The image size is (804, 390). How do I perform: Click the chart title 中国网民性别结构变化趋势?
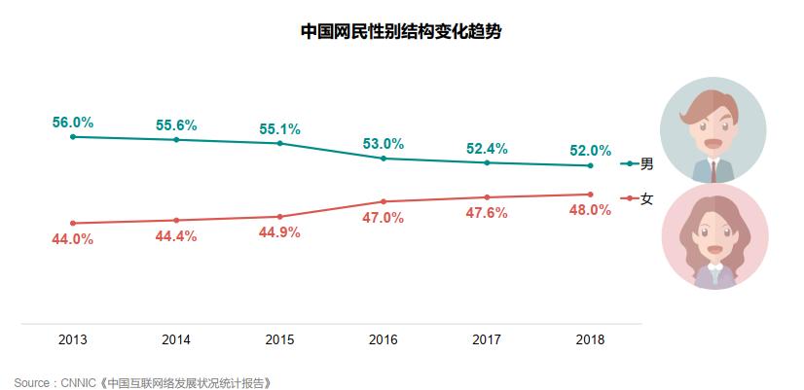click(401, 31)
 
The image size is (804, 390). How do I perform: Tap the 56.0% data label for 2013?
click(73, 123)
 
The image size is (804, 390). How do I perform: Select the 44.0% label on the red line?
click(73, 239)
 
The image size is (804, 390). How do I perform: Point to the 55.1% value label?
click(279, 128)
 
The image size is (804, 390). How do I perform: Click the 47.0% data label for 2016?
click(384, 218)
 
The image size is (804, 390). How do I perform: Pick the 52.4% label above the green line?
click(487, 148)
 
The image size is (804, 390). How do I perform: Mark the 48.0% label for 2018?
click(591, 210)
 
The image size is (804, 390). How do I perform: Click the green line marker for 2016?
click(384, 158)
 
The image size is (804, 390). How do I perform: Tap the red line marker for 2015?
click(280, 217)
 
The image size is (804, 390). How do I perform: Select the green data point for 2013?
click(73, 137)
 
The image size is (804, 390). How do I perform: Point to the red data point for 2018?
click(591, 195)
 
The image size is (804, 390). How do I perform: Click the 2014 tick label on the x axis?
click(176, 340)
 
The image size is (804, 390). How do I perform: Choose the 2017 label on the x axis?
click(487, 340)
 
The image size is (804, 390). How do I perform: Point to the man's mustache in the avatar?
click(714, 138)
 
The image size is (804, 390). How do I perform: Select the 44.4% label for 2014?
click(176, 236)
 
